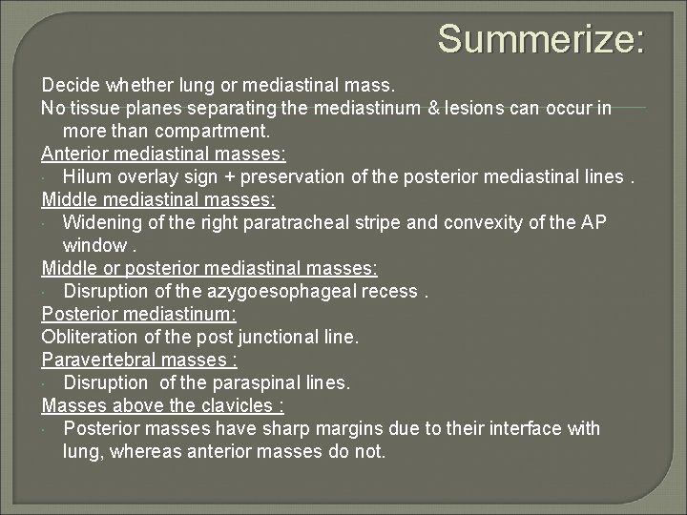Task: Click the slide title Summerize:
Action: (541, 40)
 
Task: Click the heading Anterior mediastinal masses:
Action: (163, 154)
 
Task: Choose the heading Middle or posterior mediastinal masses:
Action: (209, 268)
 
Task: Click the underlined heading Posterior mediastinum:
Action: (139, 314)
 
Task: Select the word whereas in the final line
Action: (143, 451)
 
